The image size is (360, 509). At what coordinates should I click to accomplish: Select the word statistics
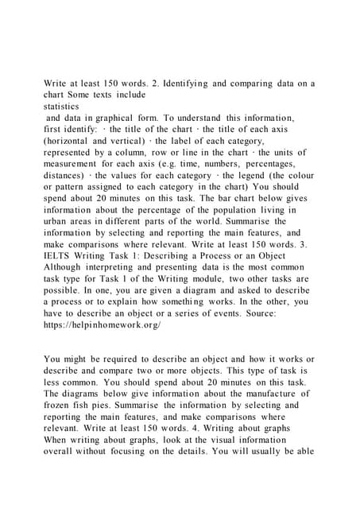pos(63,106)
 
